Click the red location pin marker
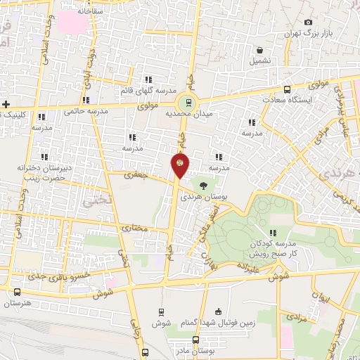pos(180,164)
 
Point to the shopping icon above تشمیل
pos(260,51)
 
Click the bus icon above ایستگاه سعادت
pos(287,89)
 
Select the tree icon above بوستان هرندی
pos(202,186)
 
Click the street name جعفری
pos(134,175)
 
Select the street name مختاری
pos(136,229)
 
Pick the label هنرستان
pos(21,304)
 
